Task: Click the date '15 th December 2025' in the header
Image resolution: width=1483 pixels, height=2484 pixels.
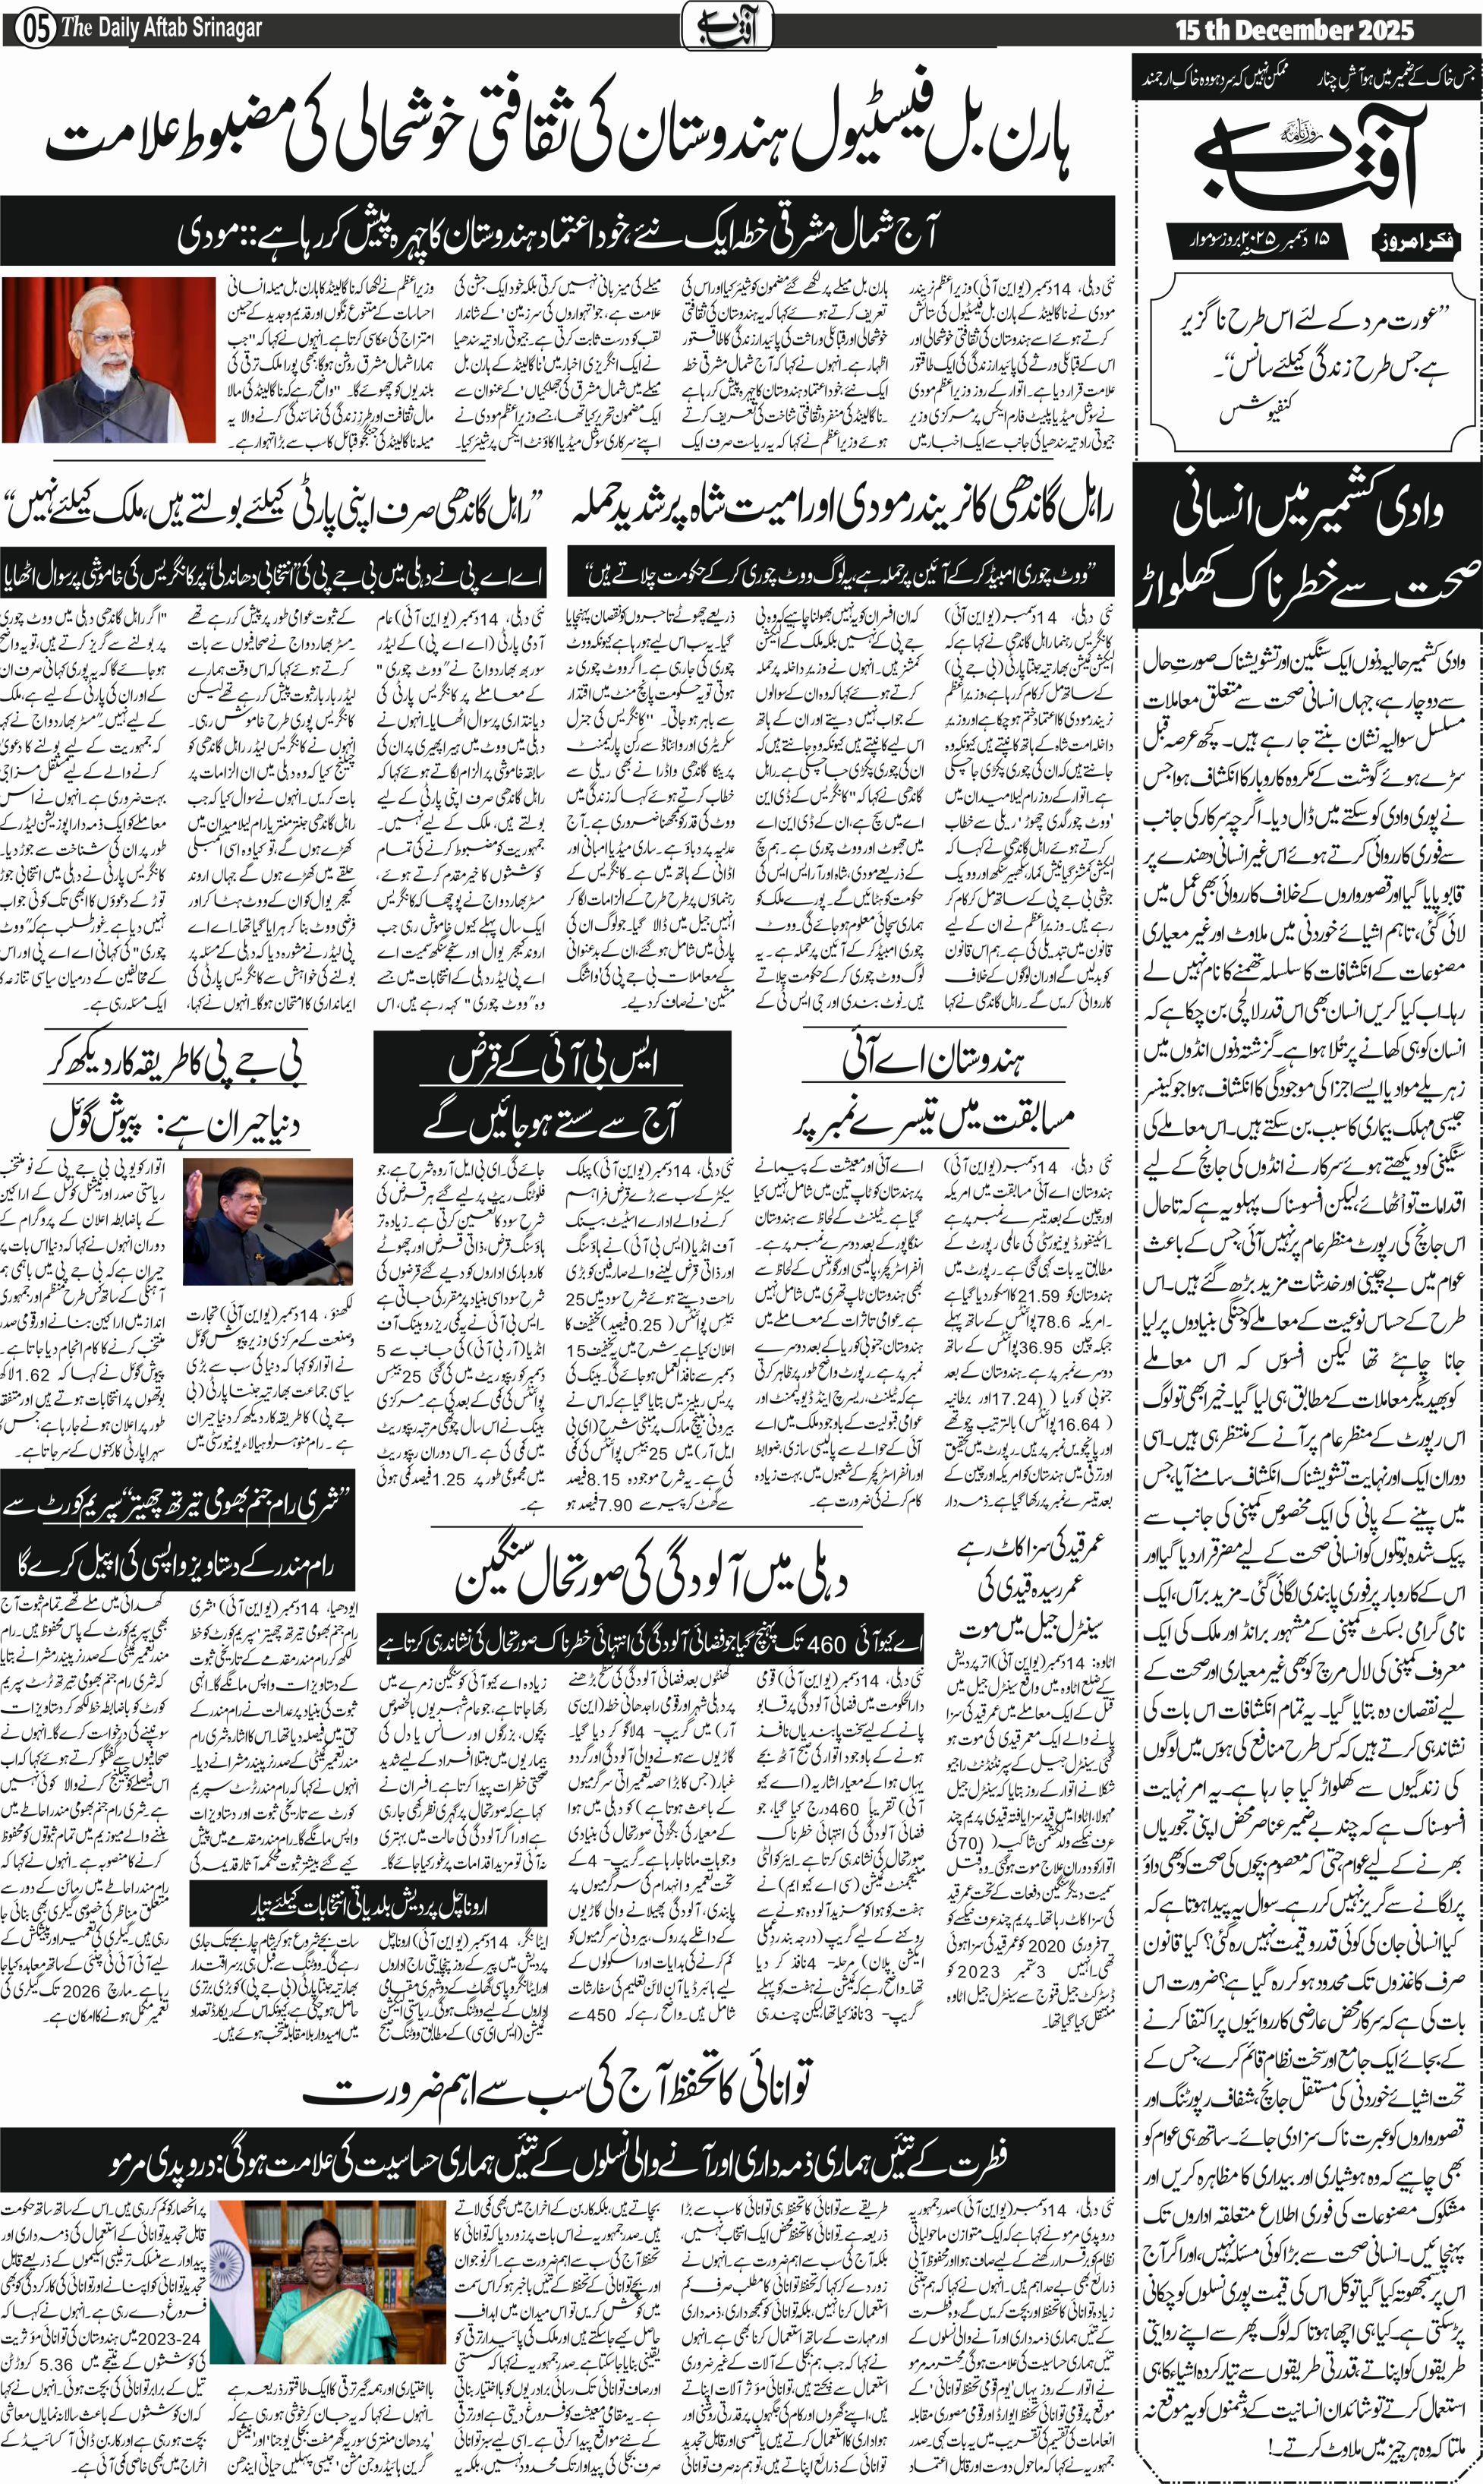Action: click(1294, 30)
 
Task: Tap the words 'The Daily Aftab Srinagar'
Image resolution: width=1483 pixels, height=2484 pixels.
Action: click(161, 28)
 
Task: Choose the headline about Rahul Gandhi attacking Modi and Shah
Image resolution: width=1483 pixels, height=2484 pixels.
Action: click(842, 510)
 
